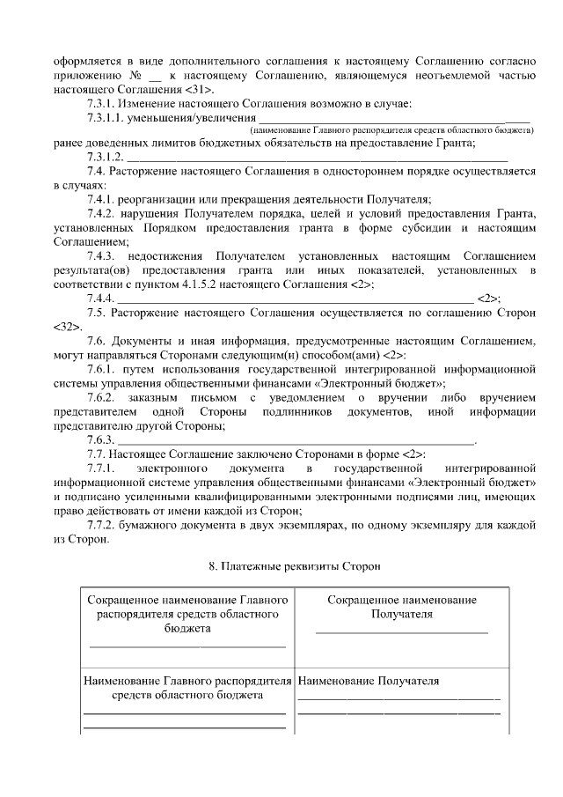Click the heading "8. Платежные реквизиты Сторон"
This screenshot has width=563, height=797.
point(281,566)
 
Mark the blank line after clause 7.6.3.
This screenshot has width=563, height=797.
point(295,439)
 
